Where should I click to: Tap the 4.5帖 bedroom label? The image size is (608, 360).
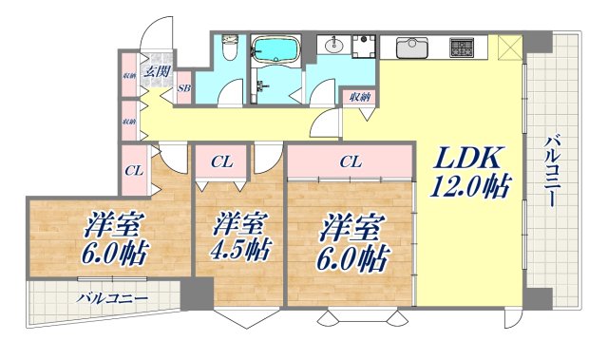[239, 237]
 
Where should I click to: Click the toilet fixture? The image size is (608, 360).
[229, 47]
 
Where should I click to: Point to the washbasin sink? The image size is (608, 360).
[334, 45]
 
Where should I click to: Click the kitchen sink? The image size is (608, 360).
[412, 45]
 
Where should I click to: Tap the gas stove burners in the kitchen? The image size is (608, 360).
[464, 45]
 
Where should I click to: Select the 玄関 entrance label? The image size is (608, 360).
[158, 69]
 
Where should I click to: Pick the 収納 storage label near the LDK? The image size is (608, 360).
[358, 96]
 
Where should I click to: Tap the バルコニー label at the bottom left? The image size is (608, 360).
[112, 298]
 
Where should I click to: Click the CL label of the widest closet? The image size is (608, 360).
[350, 161]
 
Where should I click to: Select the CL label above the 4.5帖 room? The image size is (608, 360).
[221, 161]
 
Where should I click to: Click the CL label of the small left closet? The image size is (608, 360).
[134, 172]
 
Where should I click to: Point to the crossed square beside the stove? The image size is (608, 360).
[507, 46]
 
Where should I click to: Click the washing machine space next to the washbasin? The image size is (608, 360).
[362, 48]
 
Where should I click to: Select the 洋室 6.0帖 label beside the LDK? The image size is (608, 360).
[352, 241]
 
